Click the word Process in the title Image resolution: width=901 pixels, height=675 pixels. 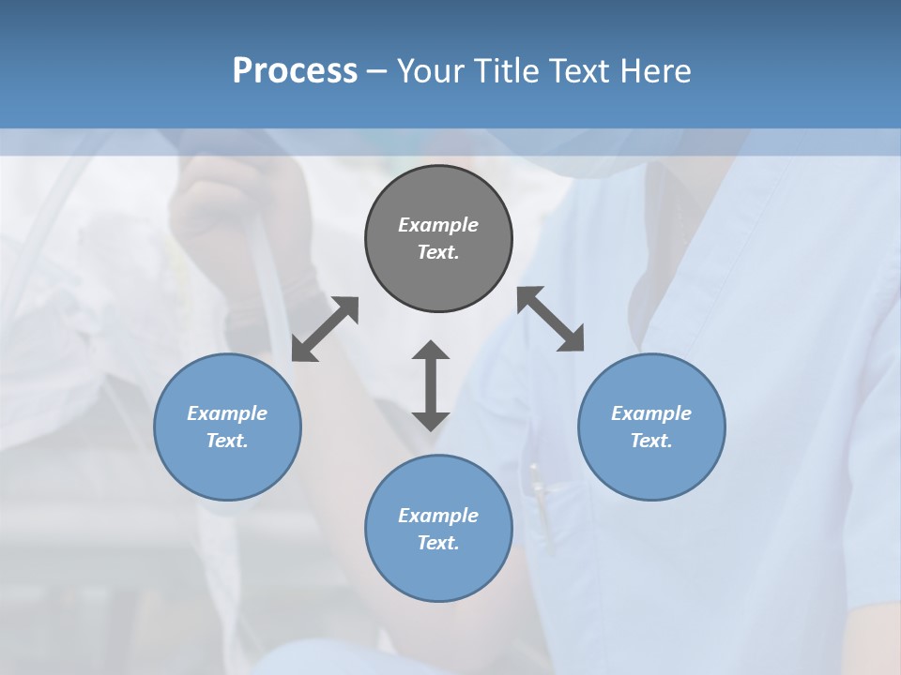coord(295,71)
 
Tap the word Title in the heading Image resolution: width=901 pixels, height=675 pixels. coord(510,71)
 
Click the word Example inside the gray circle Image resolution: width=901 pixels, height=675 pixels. coord(438,225)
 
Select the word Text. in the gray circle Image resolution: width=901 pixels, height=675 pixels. coord(438,252)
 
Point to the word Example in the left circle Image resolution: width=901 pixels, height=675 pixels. coord(227,413)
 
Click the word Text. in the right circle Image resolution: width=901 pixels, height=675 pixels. coord(651,441)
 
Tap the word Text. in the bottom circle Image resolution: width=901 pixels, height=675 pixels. coord(438,543)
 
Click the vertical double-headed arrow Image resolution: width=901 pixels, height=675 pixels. coord(431,385)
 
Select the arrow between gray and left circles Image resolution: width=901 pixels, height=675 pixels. coord(325,329)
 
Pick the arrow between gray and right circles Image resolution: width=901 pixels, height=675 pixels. coord(551,319)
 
